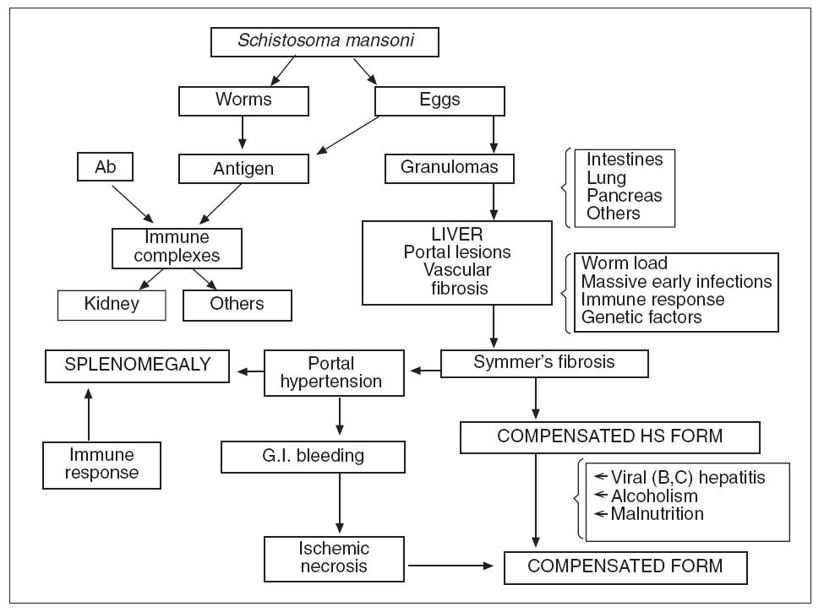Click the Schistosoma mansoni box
325,42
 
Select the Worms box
243,100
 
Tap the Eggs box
439,100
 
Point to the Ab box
105,167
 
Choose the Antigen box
243,169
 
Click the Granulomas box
450,169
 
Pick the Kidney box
112,305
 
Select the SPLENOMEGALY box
137,366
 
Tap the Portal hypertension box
334,372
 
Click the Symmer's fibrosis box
544,363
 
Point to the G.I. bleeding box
314,457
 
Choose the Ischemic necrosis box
334,559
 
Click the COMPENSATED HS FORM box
610,437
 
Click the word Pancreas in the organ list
625,195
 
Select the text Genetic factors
641,317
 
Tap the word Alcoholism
654,496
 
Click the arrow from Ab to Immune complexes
133,204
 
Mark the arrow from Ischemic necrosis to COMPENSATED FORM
451,566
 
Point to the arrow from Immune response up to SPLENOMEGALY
88,414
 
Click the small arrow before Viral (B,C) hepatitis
601,477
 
